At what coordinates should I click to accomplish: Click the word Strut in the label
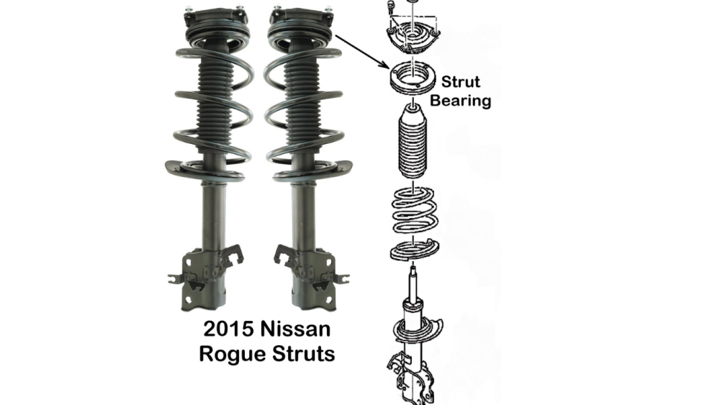pyautogui.click(x=461, y=81)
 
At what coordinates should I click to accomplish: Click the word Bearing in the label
pyautogui.click(x=461, y=100)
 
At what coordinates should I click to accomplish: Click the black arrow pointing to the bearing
pyautogui.click(x=360, y=50)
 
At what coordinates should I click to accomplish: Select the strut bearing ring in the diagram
pyautogui.click(x=408, y=78)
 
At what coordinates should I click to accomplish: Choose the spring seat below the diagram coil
pyautogui.click(x=410, y=252)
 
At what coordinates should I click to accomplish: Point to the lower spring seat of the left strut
pyautogui.click(x=208, y=168)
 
